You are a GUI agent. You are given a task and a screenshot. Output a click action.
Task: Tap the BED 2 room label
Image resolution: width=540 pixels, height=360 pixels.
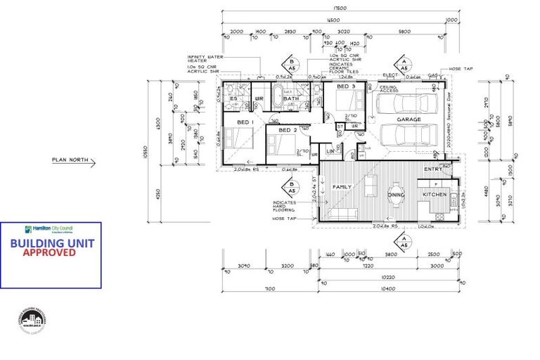coord(285,130)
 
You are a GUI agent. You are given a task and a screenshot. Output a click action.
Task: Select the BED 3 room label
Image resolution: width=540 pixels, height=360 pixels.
coord(345,86)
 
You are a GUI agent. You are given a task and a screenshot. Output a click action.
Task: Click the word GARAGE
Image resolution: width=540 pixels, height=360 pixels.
coord(409,120)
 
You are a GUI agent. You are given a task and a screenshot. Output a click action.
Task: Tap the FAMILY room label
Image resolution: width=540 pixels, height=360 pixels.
coord(342,187)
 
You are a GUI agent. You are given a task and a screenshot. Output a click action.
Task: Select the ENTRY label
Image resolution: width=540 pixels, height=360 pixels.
coord(432,169)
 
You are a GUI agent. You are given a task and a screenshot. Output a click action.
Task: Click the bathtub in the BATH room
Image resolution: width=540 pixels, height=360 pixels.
coord(279,97)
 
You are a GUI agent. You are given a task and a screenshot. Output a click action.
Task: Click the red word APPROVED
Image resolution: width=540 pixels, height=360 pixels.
coord(50,252)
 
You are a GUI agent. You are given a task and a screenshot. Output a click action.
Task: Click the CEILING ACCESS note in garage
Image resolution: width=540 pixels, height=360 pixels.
coord(389,89)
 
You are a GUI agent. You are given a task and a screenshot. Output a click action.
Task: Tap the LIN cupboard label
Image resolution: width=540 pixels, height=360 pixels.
coord(331,151)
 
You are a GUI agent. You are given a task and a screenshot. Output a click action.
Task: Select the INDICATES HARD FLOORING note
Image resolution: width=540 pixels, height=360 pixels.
coord(288,207)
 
